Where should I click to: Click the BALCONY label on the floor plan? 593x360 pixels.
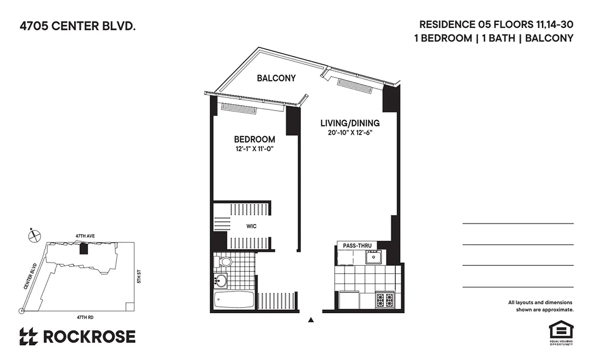pos(276,78)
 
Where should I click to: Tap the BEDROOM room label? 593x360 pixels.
pos(254,139)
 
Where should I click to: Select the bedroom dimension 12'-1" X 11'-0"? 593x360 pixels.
pos(254,148)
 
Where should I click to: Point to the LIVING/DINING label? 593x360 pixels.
pos(350,123)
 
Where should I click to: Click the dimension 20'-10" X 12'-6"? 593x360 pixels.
pos(350,132)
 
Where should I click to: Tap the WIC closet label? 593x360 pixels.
pos(252,226)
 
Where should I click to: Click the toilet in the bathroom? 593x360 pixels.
pos(224,261)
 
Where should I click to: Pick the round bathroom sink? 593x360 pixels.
pos(220,281)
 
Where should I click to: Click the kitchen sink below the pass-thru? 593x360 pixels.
pos(373,257)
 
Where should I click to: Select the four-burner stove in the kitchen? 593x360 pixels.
pos(386,300)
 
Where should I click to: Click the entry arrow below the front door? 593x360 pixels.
pos(310,320)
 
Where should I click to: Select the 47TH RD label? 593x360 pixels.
pos(85,317)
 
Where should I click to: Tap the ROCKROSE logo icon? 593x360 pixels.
pos(28,337)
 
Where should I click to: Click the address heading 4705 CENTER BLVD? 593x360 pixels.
pos(77,27)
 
